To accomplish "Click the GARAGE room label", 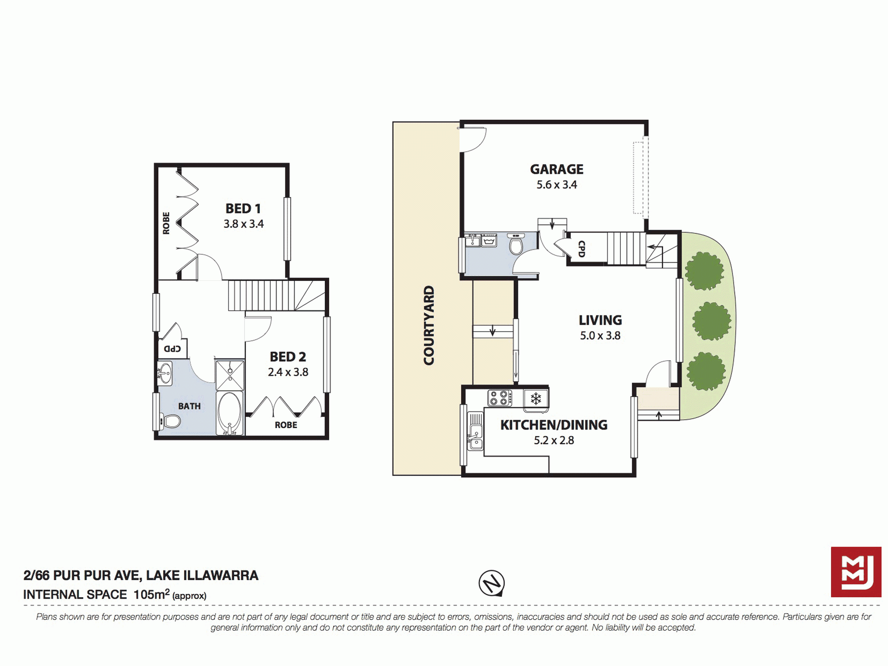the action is [x=556, y=169].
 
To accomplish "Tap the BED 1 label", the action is [x=243, y=208].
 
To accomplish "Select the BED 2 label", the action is [x=288, y=357].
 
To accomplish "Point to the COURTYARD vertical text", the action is [x=429, y=325].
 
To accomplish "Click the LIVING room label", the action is [x=600, y=320].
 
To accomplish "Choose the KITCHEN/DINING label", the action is [x=554, y=425].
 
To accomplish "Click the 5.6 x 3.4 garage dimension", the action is [x=557, y=185].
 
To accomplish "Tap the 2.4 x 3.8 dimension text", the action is [x=288, y=372].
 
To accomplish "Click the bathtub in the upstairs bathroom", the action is [x=229, y=414].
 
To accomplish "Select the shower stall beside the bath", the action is [x=229, y=375].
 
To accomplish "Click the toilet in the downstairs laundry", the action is [x=516, y=244].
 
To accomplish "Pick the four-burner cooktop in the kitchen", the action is [x=499, y=398].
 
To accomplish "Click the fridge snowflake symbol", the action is [x=536, y=399].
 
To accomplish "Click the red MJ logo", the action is [x=856, y=572].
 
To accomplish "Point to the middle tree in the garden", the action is [x=711, y=321].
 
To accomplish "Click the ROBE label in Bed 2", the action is [x=286, y=425].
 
